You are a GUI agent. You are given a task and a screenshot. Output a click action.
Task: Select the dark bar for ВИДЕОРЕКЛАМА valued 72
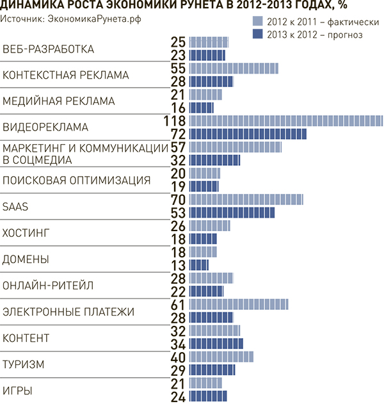click(248, 134)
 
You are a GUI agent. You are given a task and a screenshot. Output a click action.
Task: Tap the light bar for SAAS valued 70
click(246, 200)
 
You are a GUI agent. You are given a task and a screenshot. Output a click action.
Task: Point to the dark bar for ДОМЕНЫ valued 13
click(199, 265)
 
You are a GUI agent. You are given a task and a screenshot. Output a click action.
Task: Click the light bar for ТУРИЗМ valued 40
click(221, 357)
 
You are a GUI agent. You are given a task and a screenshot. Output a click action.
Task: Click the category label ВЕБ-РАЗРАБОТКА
click(48, 49)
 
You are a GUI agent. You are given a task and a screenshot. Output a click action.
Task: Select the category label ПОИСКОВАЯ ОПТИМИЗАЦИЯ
click(77, 180)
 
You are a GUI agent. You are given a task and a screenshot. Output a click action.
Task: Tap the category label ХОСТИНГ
click(26, 232)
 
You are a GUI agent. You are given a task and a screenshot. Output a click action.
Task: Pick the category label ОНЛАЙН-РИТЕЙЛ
click(48, 285)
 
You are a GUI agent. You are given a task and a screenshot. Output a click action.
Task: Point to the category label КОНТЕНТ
click(26, 337)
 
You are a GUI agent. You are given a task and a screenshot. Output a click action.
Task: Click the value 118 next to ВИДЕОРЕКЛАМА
click(175, 121)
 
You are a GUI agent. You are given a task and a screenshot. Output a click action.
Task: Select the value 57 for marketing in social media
click(179, 147)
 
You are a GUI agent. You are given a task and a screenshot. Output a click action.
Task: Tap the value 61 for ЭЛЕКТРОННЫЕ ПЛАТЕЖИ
click(179, 304)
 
